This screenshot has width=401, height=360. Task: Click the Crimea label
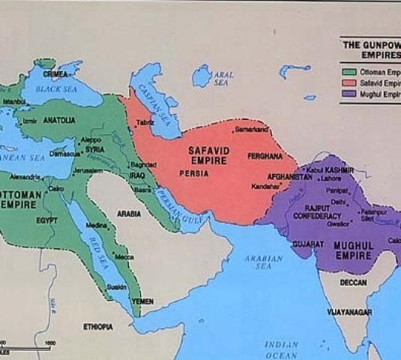click(x=56, y=73)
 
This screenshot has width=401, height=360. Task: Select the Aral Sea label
click(x=222, y=79)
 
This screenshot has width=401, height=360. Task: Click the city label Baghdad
click(x=143, y=163)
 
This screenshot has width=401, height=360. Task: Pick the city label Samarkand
click(x=252, y=130)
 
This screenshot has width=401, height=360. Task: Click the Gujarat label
click(x=307, y=244)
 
